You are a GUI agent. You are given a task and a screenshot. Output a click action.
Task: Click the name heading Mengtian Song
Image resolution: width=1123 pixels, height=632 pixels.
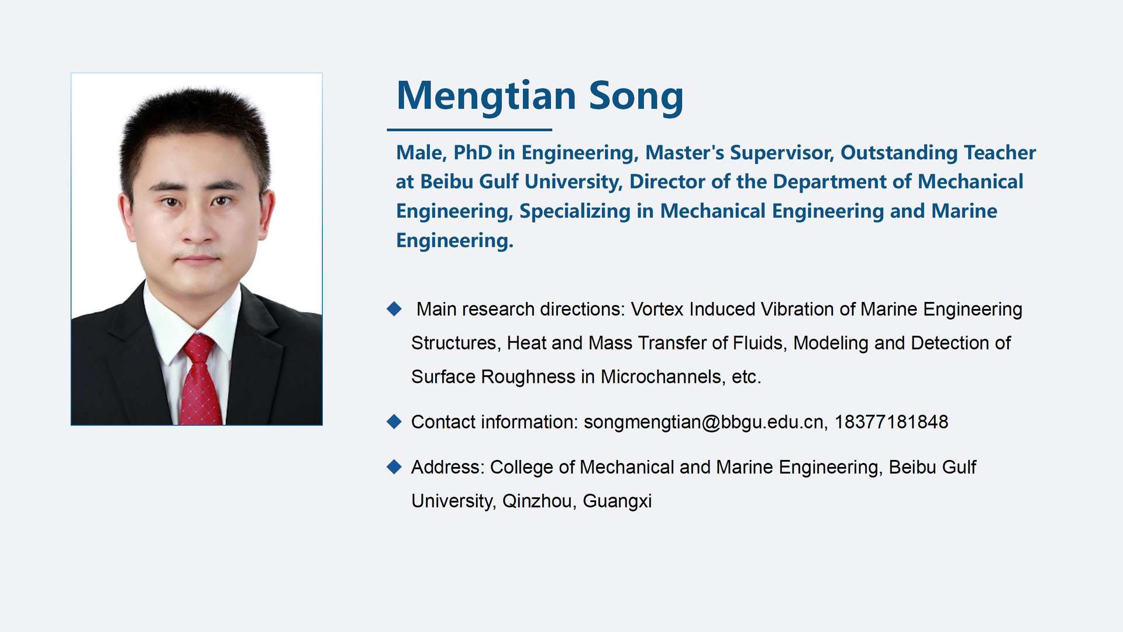coord(540,96)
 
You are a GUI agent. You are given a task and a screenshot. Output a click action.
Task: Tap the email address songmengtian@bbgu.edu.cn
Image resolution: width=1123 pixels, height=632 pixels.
coord(704,422)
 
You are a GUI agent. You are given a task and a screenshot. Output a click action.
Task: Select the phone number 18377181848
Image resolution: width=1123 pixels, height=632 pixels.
coord(891,422)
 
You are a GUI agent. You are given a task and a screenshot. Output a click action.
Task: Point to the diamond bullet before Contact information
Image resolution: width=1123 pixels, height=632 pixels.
coord(394,421)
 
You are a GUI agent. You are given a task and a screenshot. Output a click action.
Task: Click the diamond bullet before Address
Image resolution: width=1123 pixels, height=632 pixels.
coord(394,466)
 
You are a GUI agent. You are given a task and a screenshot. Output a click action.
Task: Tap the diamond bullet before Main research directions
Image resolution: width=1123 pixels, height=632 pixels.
coord(394,308)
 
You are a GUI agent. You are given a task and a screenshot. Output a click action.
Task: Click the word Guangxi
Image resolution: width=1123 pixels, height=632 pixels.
coord(617,502)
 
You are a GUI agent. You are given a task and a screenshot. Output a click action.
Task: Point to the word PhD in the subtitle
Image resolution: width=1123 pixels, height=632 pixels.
coord(473,152)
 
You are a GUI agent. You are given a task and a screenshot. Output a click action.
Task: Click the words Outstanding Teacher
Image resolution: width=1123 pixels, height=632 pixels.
coord(938,152)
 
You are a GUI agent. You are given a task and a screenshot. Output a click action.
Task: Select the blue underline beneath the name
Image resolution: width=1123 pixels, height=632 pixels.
coord(469,129)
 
